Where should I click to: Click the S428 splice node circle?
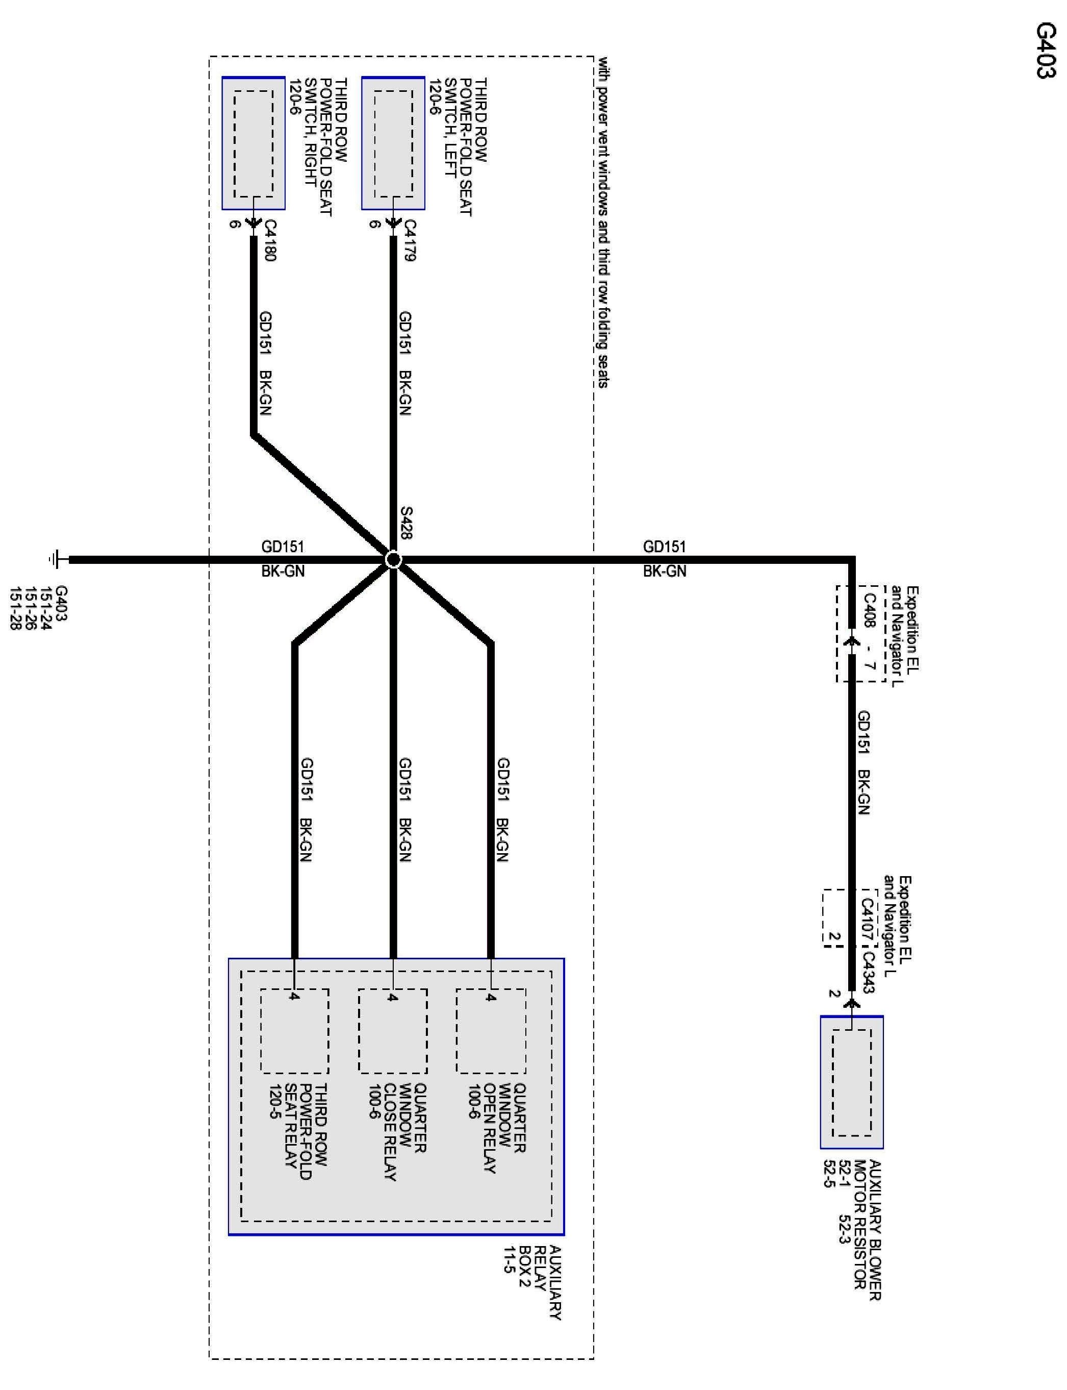tap(393, 560)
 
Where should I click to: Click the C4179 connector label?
tap(410, 240)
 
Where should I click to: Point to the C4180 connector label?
tap(269, 240)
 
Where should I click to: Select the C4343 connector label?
tap(868, 971)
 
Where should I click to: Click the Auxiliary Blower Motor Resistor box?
tap(851, 1082)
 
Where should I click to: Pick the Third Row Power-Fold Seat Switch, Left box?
tap(393, 143)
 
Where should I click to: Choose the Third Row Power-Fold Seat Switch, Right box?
tap(253, 143)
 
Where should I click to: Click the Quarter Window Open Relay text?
tap(497, 1128)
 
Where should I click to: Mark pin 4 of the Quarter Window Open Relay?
tap(490, 998)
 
